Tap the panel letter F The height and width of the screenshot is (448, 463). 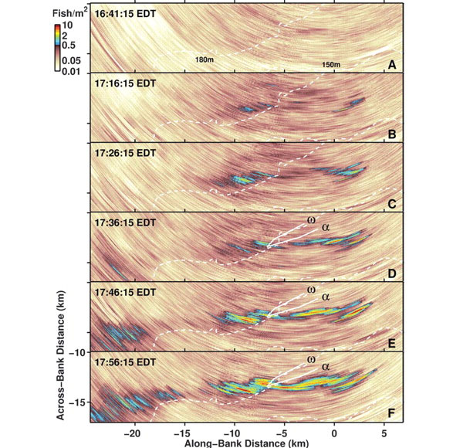[x=392, y=413]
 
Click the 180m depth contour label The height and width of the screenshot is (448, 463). [x=204, y=59]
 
